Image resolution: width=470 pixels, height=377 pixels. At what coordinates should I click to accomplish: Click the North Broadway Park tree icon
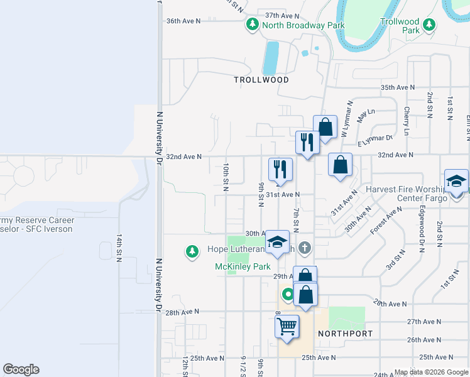click(252, 25)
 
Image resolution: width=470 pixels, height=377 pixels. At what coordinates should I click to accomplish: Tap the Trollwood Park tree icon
click(429, 25)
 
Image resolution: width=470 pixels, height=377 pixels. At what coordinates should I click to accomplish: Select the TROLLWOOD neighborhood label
click(261, 80)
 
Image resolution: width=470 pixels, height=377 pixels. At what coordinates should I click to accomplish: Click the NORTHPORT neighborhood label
click(345, 333)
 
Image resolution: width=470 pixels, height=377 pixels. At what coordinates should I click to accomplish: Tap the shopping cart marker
click(287, 327)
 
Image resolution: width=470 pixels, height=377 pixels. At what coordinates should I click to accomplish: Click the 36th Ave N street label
click(183, 21)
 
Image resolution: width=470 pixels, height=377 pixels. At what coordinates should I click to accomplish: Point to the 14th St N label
click(119, 248)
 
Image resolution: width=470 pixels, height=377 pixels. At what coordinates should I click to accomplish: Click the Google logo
click(21, 369)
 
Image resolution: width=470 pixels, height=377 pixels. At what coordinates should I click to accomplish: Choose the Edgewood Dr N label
click(423, 227)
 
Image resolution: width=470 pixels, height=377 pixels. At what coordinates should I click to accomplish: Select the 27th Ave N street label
click(422, 321)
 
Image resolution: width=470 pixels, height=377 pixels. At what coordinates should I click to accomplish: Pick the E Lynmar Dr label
click(375, 141)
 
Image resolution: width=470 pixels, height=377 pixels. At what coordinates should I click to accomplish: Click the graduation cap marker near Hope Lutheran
click(276, 244)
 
